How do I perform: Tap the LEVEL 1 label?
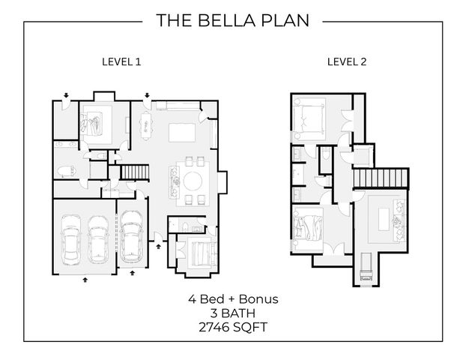(121, 62)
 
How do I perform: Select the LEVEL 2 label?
(347, 62)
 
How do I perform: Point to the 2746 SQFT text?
(233, 327)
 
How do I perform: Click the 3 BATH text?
(233, 313)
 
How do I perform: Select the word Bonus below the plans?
(258, 299)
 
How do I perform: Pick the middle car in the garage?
(98, 239)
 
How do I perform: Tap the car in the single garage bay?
(131, 235)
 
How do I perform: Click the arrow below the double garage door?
(85, 280)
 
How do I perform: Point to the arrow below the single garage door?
(133, 273)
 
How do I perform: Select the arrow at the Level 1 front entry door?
(158, 246)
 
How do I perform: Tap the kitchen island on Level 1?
(182, 133)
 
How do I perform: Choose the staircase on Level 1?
(135, 172)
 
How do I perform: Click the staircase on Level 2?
(381, 178)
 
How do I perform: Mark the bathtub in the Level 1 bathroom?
(67, 172)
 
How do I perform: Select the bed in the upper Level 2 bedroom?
(308, 118)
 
